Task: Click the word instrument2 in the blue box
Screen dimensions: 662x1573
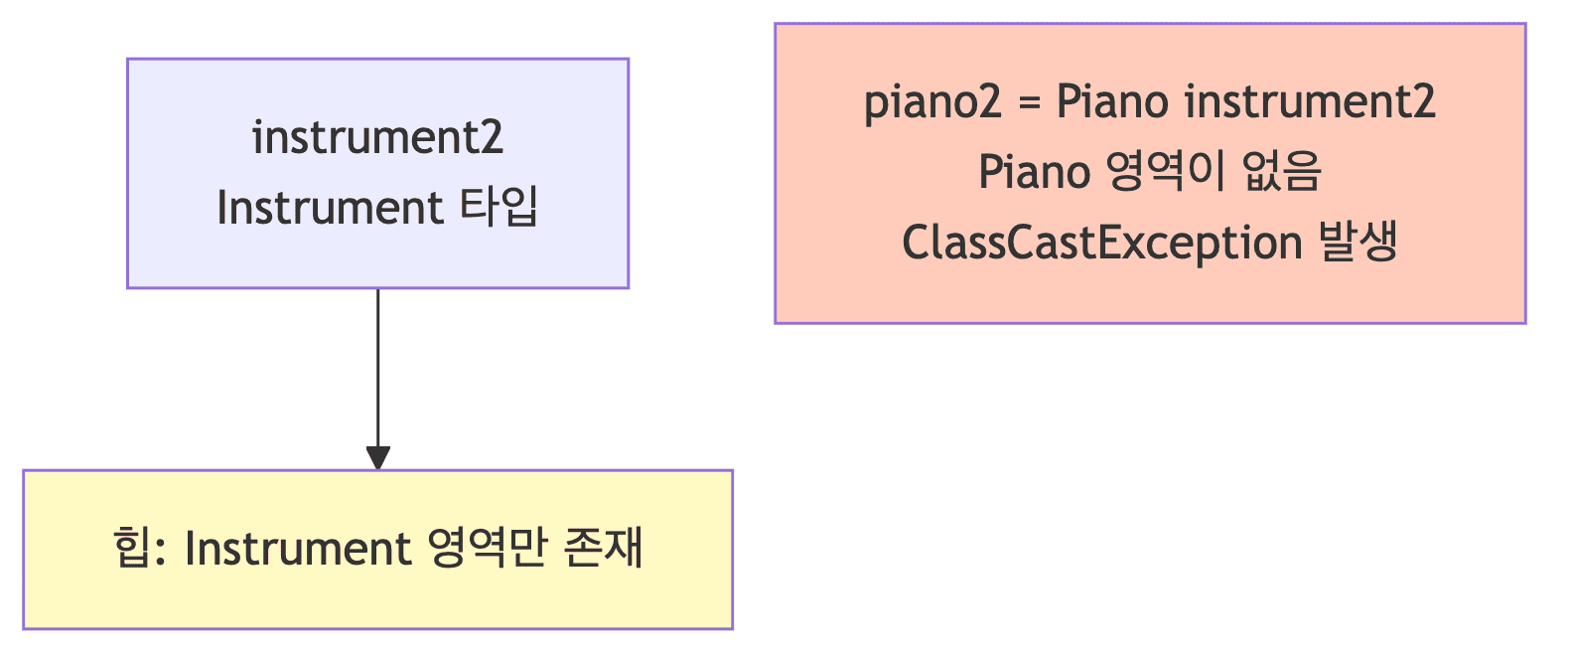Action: click(x=377, y=137)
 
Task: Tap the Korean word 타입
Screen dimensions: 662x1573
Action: click(x=499, y=208)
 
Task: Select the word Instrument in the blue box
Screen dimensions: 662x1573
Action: click(x=330, y=208)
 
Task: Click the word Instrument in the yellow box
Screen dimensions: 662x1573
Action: click(x=298, y=549)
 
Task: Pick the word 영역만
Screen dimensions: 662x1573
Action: click(x=488, y=549)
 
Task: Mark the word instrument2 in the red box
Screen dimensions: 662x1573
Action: click(x=1310, y=101)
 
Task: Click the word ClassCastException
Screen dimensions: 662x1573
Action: click(x=1101, y=243)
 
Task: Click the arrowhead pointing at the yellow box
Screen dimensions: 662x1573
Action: click(x=378, y=458)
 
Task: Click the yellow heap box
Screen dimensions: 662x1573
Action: click(x=377, y=606)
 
